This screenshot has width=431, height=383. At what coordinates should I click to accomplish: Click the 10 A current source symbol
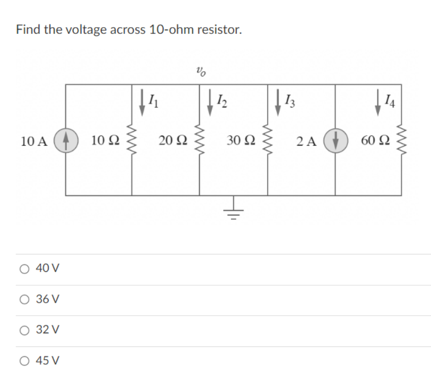pyautogui.click(x=66, y=140)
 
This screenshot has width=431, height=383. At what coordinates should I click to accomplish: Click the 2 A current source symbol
pyautogui.click(x=336, y=141)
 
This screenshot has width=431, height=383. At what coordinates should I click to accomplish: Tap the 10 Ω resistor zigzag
pyautogui.click(x=132, y=140)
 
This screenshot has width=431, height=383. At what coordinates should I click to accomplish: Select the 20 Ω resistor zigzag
pyautogui.click(x=199, y=140)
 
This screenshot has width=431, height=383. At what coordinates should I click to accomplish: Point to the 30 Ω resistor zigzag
pyautogui.click(x=268, y=140)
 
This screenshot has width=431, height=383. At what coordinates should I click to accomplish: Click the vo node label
pyautogui.click(x=201, y=71)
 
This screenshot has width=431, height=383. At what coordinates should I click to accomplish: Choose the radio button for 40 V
pyautogui.click(x=24, y=269)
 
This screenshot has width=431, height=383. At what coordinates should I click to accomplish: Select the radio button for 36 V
pyautogui.click(x=24, y=299)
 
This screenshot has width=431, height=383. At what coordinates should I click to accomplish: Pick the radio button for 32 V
pyautogui.click(x=24, y=330)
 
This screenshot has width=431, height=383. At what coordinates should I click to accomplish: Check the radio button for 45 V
pyautogui.click(x=24, y=360)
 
